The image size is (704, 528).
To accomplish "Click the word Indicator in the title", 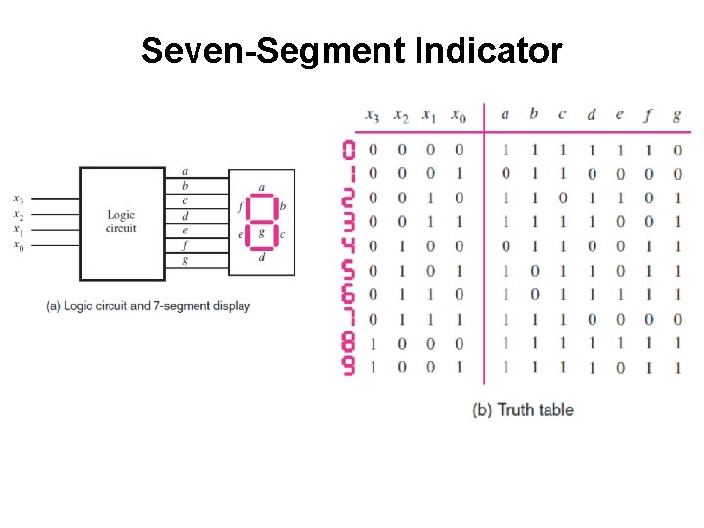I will (x=489, y=51).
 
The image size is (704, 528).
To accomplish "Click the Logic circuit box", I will (x=121, y=222).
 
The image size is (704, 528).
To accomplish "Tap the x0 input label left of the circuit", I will (x=19, y=245).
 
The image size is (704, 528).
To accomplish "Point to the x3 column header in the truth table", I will (x=372, y=116).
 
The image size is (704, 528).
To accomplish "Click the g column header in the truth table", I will (x=676, y=115).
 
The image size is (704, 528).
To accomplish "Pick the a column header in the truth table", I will (x=505, y=114).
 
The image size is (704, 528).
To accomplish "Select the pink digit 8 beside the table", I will (x=349, y=343).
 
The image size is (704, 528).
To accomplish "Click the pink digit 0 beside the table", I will (x=349, y=150).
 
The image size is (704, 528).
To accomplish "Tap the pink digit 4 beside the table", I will (x=349, y=246).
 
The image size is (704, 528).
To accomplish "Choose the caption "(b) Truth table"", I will (x=523, y=410).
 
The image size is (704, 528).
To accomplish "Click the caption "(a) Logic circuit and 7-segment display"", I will (x=148, y=306).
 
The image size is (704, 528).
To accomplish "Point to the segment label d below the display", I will (x=261, y=258).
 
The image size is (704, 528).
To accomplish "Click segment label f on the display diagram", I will (x=240, y=207).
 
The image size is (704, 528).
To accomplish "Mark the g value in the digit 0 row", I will (x=677, y=150).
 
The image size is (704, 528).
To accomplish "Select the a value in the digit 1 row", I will (x=505, y=174).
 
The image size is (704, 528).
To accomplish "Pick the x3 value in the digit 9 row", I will (x=373, y=368).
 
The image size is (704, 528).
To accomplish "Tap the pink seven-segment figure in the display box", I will (x=261, y=220).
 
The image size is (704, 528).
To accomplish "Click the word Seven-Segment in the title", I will (x=266, y=51).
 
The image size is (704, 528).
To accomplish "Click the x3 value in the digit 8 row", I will (x=373, y=343).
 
